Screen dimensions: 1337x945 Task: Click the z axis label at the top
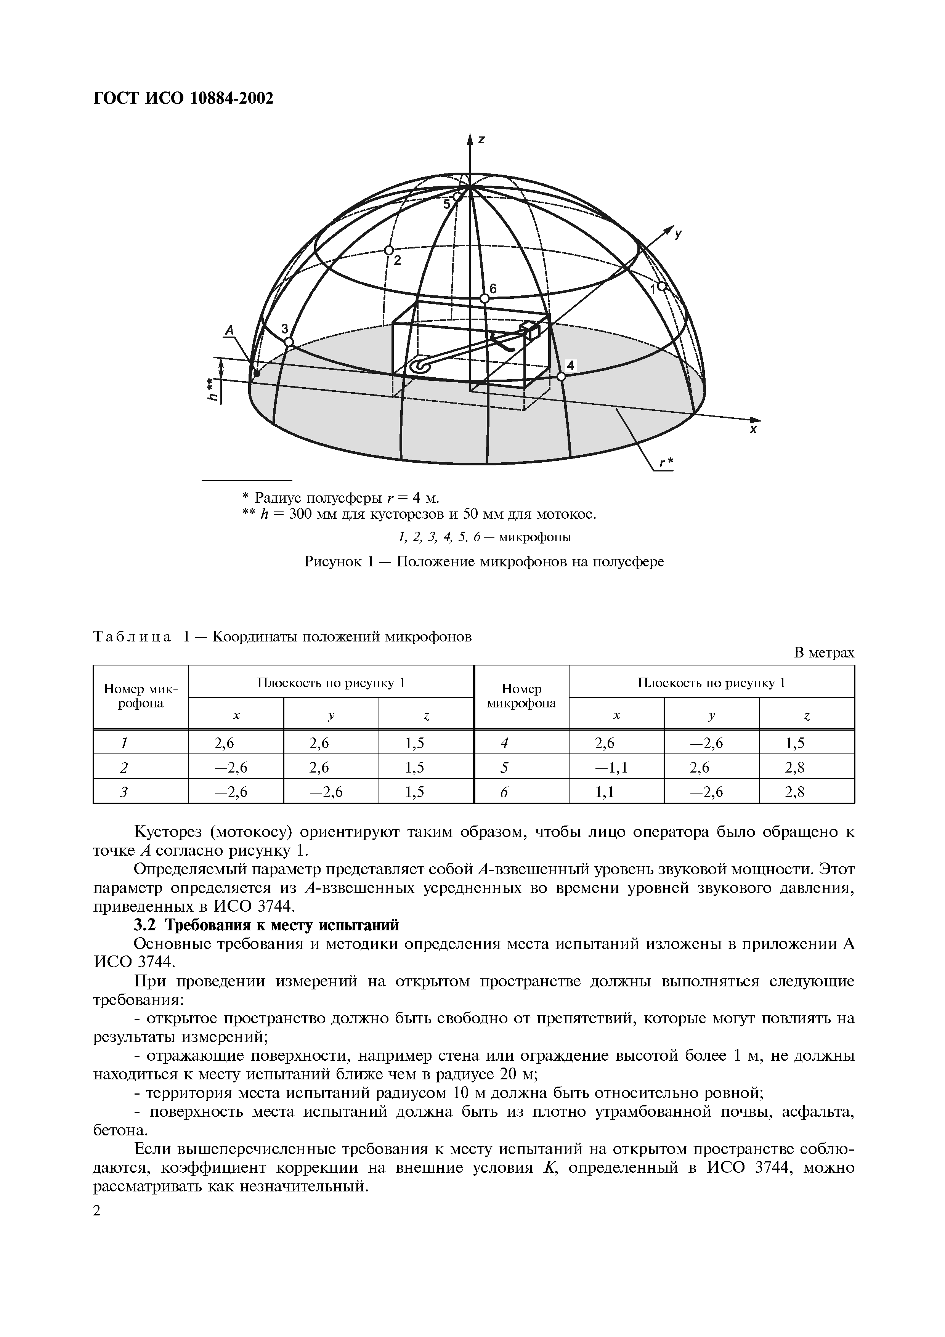481,140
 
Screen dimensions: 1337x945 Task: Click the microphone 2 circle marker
389,250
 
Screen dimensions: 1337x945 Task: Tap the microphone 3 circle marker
289,342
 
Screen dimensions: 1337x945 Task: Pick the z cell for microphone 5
806,768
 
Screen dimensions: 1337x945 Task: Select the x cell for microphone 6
616,792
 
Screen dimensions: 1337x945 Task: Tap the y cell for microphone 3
331,792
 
